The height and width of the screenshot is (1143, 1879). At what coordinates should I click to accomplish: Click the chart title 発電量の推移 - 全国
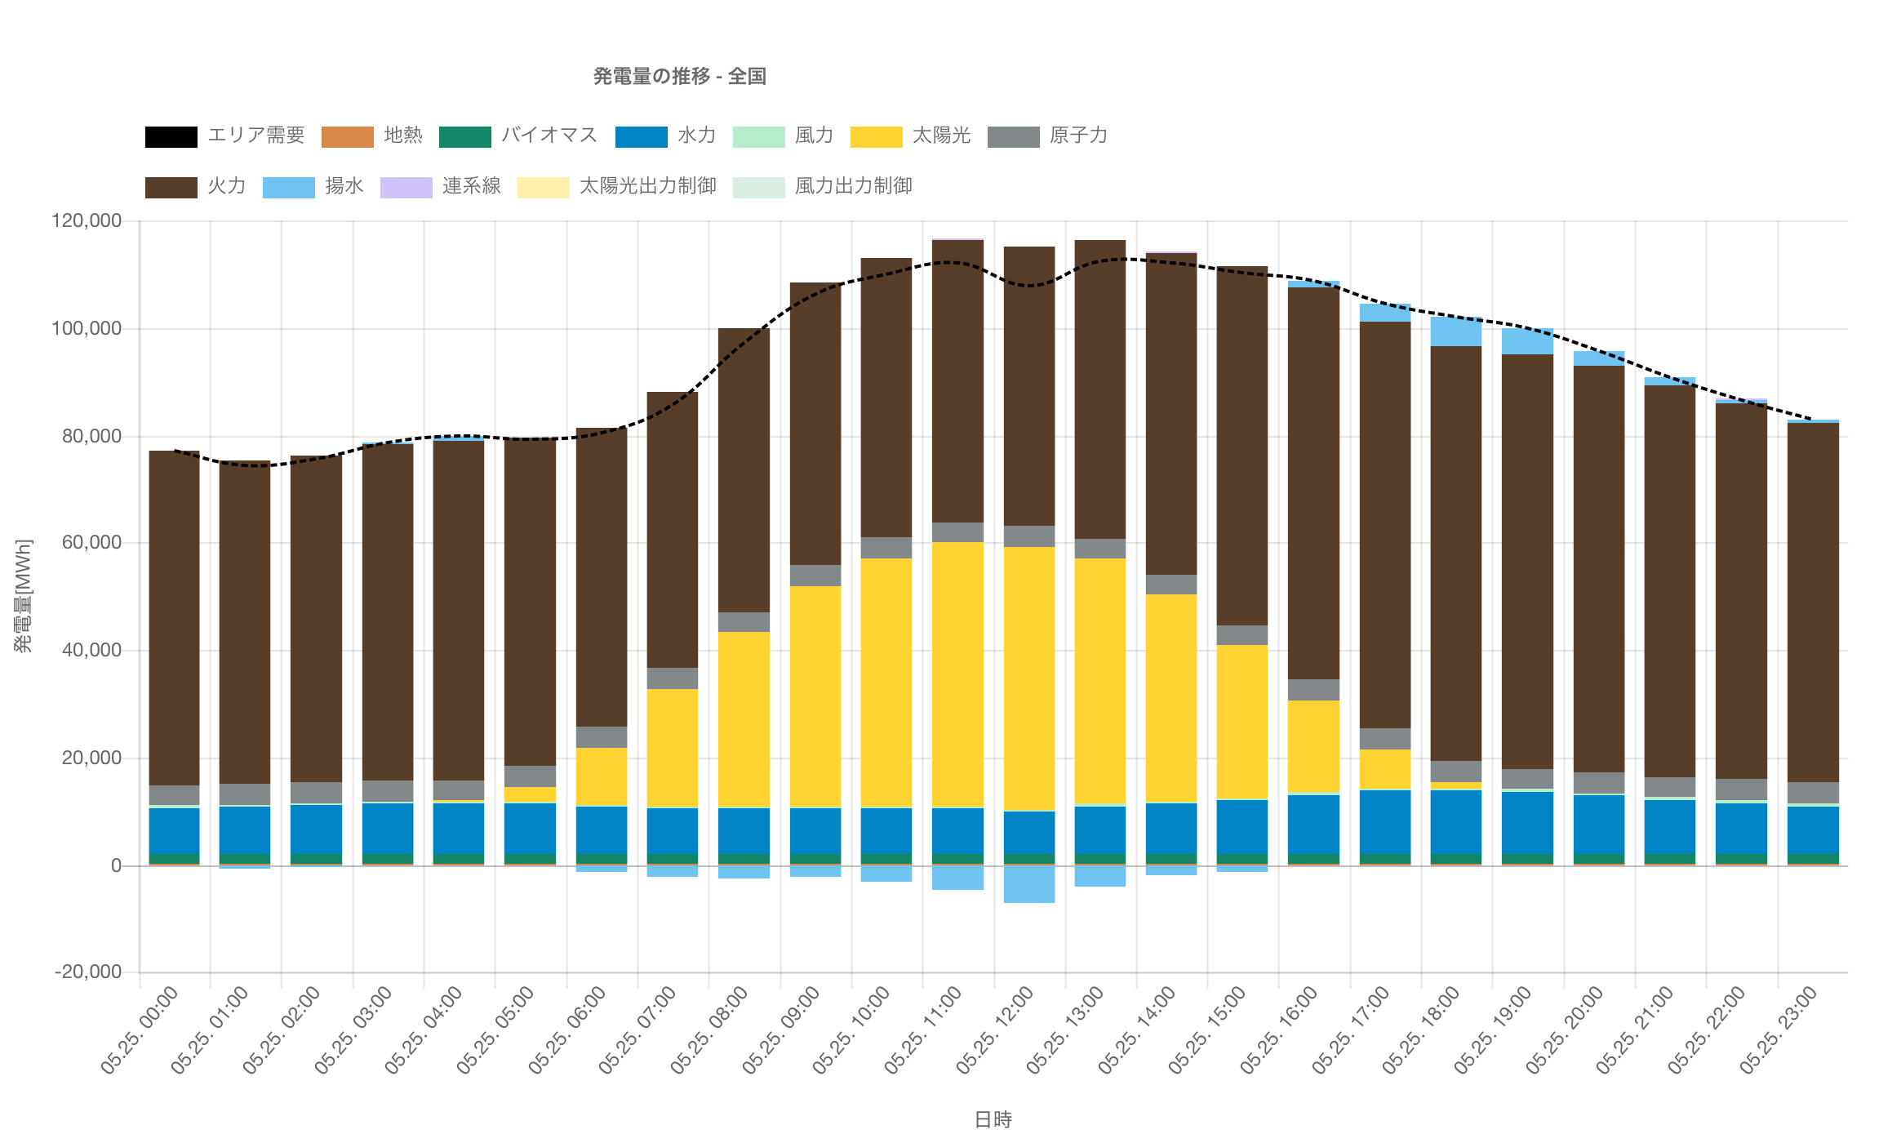point(679,77)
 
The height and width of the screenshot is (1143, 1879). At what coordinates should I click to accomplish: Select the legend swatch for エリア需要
point(171,136)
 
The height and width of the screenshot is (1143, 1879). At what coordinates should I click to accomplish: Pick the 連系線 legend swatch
point(406,187)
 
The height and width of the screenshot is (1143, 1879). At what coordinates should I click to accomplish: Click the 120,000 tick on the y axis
point(87,221)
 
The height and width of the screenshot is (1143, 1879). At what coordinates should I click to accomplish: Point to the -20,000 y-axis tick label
point(88,972)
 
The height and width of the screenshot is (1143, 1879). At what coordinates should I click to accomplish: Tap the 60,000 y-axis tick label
point(91,543)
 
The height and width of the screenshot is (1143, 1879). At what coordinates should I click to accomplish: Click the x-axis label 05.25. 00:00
point(140,1030)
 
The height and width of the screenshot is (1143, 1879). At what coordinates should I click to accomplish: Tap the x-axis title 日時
point(993,1119)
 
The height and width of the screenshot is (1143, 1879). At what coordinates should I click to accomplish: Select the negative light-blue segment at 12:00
point(1028,884)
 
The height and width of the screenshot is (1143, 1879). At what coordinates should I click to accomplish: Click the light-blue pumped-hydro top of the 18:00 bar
point(1455,332)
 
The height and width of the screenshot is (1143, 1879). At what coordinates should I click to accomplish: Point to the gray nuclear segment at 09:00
point(815,576)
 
